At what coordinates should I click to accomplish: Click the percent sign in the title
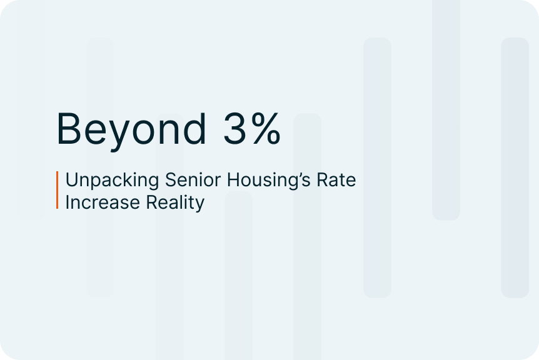point(266,129)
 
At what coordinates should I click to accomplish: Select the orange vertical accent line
point(57,190)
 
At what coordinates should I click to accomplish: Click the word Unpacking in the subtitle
point(113,181)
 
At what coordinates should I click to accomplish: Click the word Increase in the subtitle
point(103,202)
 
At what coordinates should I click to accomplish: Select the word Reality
point(175,203)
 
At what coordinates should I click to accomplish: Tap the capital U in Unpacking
point(71,180)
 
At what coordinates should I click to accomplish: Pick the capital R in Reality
point(151,202)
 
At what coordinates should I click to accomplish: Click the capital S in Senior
point(171,179)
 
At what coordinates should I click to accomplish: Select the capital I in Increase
point(67,202)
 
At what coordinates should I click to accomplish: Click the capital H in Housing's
point(233,179)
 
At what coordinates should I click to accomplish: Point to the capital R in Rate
point(323,179)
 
